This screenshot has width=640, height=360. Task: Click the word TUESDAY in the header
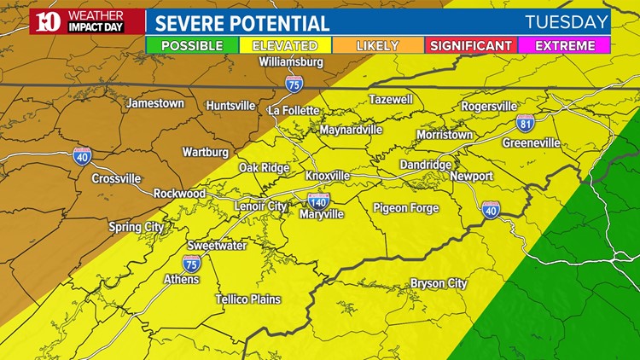click(567, 22)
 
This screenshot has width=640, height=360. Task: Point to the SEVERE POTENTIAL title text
click(242, 23)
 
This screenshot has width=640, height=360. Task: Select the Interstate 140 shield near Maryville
click(319, 200)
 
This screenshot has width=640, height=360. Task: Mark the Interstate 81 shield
click(526, 123)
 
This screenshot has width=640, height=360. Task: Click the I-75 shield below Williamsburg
click(293, 83)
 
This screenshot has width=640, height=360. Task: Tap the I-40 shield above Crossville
click(82, 154)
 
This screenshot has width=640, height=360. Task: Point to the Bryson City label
click(439, 283)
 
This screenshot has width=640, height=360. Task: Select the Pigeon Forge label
click(405, 208)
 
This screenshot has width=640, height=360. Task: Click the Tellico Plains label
click(247, 298)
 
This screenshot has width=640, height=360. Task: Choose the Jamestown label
click(155, 103)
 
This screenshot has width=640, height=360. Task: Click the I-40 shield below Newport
click(491, 209)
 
